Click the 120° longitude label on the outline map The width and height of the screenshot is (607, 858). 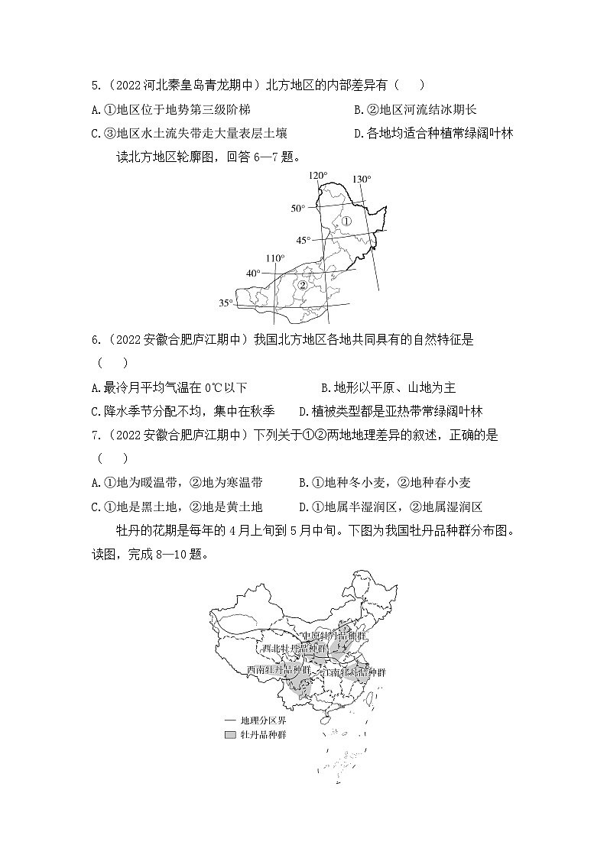point(317,176)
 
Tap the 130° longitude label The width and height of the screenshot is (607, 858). point(362,180)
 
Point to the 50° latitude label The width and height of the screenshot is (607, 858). point(297,208)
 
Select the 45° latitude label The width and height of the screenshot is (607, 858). point(303,240)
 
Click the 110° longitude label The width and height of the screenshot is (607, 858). point(275,258)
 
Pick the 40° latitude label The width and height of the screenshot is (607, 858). point(253,273)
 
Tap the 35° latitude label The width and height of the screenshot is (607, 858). point(226,303)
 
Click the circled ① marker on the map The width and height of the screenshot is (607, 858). point(346,221)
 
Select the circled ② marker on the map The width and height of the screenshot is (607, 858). point(302,286)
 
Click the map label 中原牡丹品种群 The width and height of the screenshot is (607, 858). point(335,636)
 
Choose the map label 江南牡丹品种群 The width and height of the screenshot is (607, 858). point(354,673)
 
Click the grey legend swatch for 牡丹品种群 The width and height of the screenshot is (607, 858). point(229,735)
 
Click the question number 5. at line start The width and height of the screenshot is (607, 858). point(96,86)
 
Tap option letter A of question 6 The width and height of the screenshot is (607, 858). point(96,388)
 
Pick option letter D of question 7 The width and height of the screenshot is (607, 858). point(304,506)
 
